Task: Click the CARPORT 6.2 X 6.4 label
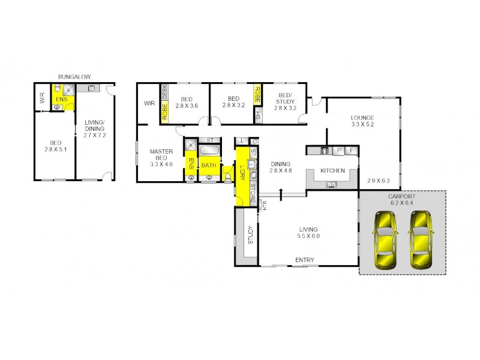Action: point(401,200)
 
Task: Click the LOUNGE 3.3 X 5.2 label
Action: point(363,121)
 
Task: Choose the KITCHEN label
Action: point(332,171)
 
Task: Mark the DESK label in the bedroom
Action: point(164,94)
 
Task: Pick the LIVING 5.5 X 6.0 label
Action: point(308,233)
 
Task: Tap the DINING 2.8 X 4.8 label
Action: point(281,167)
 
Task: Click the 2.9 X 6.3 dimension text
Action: point(378,181)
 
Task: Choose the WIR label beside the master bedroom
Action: point(149,103)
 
